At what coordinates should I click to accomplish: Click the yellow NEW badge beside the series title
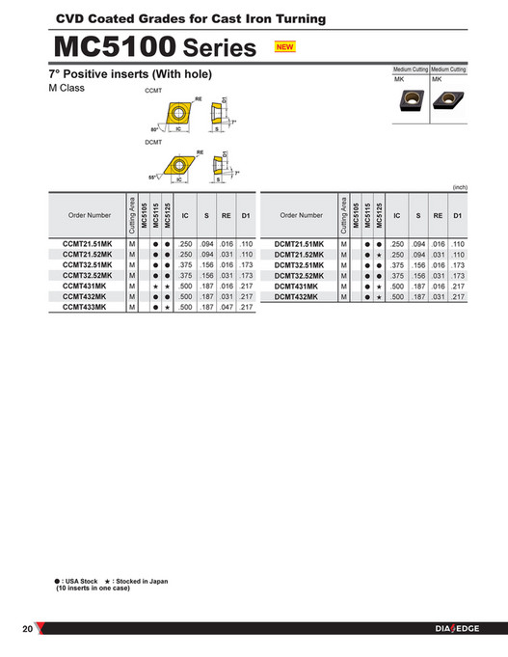click(284, 46)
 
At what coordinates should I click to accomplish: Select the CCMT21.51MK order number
click(88, 245)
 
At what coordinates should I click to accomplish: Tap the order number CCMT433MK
click(88, 307)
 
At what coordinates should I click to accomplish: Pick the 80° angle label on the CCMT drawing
click(154, 128)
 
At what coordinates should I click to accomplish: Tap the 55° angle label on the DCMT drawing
click(153, 178)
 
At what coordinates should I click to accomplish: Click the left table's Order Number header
click(88, 215)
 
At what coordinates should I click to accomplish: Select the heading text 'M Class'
click(67, 89)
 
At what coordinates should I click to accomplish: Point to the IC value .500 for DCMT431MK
click(398, 287)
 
